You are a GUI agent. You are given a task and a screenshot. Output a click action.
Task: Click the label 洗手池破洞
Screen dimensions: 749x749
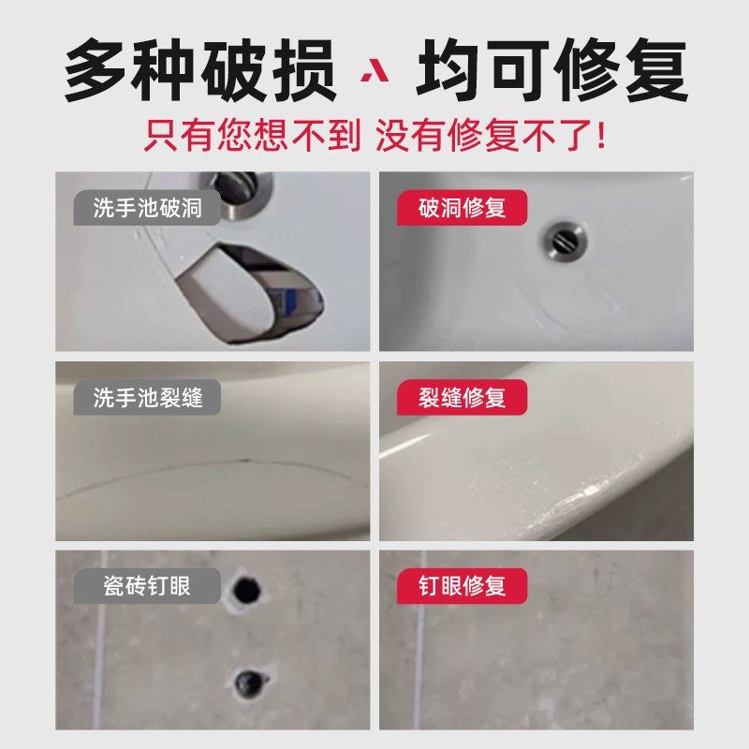pos(147,208)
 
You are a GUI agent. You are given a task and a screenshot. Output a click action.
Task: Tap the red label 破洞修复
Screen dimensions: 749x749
pos(462,208)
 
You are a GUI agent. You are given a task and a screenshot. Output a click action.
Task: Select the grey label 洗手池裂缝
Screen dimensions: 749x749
pos(147,397)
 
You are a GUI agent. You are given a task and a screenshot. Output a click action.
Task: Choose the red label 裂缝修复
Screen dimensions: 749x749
pos(462,397)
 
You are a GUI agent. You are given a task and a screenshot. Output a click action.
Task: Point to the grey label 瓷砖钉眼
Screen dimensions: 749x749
pos(147,586)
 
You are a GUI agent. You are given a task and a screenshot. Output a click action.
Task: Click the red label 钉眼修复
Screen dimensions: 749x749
pos(462,586)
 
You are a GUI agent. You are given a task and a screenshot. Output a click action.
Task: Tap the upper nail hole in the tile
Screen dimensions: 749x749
pos(248,589)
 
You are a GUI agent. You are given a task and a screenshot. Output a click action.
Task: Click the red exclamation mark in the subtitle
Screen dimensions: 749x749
pos(600,137)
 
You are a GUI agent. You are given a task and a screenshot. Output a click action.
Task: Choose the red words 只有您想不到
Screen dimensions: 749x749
pos(252,137)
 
